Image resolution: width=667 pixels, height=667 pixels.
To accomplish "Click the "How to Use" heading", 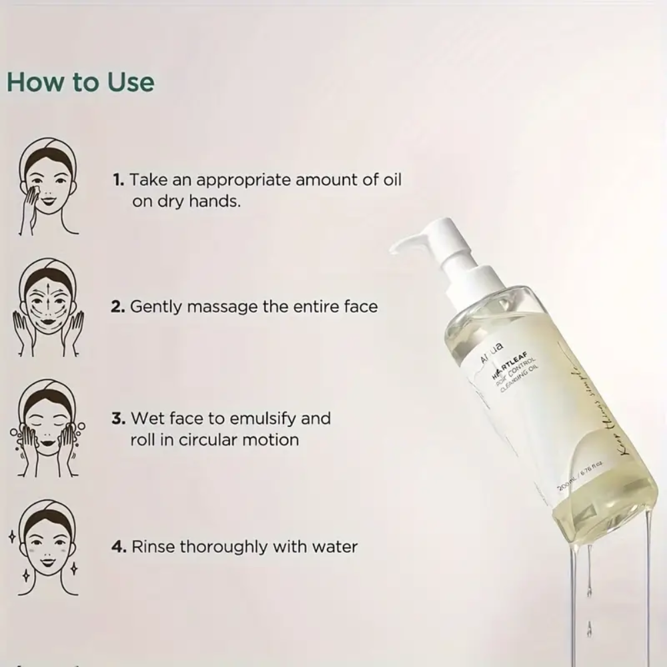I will tap(80, 82).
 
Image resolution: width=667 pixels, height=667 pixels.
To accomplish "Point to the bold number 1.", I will tap(118, 180).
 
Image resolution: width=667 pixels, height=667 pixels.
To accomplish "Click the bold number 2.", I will tap(119, 307).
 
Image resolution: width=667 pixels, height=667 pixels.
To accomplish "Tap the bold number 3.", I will tap(119, 419).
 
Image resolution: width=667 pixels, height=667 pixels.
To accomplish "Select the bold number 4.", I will tap(119, 547).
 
